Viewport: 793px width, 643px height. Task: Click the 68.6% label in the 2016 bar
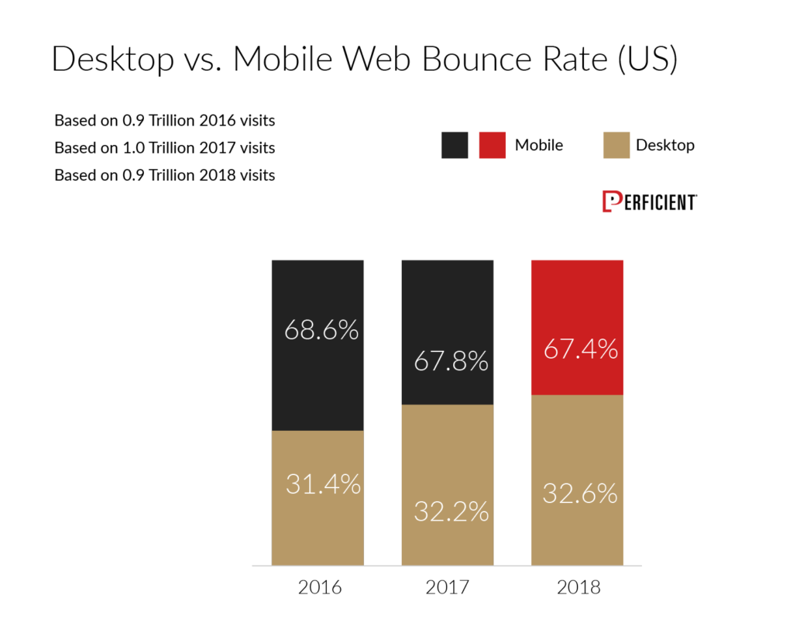pyautogui.click(x=321, y=330)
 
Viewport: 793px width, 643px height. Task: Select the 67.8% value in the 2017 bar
pyautogui.click(x=451, y=360)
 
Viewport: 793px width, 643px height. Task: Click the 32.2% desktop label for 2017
pyautogui.click(x=451, y=511)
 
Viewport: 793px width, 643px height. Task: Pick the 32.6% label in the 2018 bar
pyautogui.click(x=580, y=493)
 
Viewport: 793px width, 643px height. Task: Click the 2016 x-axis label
pyautogui.click(x=320, y=587)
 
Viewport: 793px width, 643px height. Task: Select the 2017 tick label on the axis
pyautogui.click(x=448, y=587)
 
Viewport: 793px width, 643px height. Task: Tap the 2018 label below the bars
pyautogui.click(x=578, y=587)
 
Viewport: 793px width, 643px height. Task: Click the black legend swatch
pyautogui.click(x=455, y=146)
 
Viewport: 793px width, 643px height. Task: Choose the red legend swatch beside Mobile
pyautogui.click(x=492, y=146)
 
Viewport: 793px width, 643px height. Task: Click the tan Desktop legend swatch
pyautogui.click(x=616, y=146)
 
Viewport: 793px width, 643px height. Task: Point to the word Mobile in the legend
pyautogui.click(x=539, y=146)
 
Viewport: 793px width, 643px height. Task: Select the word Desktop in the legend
pyautogui.click(x=665, y=146)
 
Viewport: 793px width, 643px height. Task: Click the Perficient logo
pyautogui.click(x=649, y=201)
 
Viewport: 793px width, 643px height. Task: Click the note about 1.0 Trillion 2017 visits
pyautogui.click(x=165, y=147)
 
